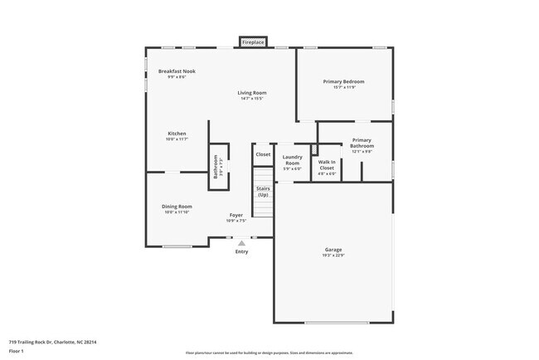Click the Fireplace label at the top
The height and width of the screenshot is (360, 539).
(253, 41)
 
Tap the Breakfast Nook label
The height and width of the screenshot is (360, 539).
(177, 71)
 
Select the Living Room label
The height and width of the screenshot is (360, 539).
(251, 93)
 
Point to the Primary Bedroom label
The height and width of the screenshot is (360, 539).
(343, 81)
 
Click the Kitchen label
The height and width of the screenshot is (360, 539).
(177, 133)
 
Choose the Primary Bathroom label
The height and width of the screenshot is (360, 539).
(362, 143)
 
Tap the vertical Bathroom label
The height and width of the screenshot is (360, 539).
(216, 167)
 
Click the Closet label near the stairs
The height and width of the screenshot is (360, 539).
(263, 154)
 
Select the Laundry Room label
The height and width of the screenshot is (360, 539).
(292, 159)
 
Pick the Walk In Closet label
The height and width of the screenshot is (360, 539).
(327, 164)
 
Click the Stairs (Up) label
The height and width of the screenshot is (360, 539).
(263, 191)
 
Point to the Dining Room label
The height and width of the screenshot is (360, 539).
(177, 206)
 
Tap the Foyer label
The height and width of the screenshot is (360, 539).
(236, 216)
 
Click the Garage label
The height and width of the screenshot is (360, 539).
(333, 250)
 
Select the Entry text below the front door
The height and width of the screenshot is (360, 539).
(241, 251)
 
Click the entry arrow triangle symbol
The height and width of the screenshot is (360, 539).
(241, 243)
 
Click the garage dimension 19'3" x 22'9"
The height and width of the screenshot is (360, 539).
(333, 255)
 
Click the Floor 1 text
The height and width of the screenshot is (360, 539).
(17, 350)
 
